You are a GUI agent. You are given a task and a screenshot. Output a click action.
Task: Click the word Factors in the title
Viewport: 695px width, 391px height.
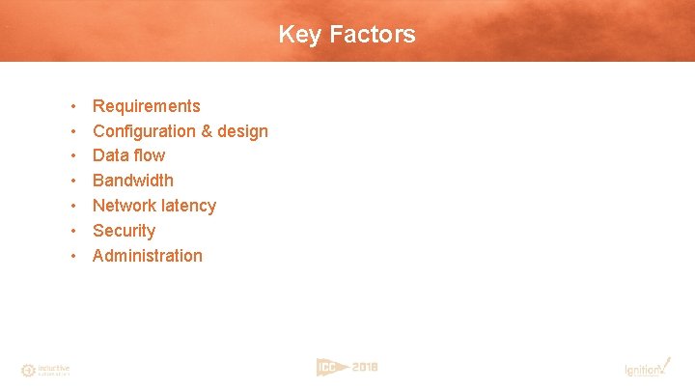373,35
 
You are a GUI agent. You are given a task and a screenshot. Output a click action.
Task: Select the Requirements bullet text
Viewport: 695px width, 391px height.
147,106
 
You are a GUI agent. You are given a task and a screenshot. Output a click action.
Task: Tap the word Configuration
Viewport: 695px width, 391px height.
139,131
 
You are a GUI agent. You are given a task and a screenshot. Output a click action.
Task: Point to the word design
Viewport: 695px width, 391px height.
242,131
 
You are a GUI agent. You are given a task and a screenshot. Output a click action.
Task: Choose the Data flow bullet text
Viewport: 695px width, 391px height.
128,155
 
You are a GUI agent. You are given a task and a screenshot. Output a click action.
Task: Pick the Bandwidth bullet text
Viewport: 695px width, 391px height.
133,181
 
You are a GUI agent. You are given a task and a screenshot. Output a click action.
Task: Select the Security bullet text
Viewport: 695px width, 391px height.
124,231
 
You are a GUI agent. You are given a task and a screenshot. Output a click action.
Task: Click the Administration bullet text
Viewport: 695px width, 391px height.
148,256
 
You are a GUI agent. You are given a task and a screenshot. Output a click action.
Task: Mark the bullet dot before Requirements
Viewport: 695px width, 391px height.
73,106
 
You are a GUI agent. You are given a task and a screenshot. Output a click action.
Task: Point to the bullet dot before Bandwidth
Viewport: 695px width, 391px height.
73,181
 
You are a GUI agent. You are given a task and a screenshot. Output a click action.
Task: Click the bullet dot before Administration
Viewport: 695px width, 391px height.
73,256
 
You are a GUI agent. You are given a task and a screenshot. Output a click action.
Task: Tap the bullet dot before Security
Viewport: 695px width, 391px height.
73,231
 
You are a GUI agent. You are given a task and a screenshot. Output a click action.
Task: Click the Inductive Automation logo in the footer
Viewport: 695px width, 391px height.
44,370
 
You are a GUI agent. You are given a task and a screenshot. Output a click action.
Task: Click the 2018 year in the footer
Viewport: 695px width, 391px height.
365,367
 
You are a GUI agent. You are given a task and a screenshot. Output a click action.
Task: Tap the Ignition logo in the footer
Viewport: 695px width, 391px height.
645,368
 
